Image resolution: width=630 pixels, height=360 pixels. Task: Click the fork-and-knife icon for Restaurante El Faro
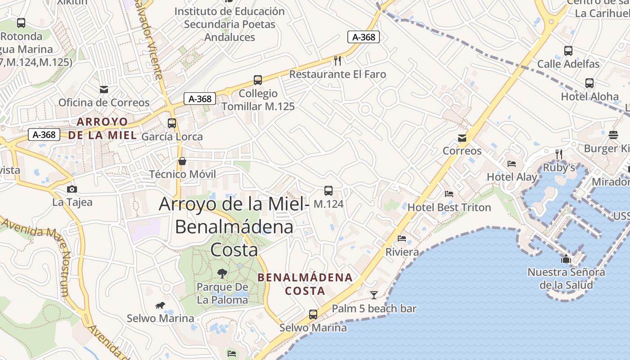[337, 60]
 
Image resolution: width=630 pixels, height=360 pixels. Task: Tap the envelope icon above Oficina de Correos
[104, 89]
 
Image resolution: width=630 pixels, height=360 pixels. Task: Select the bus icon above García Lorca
[171, 123]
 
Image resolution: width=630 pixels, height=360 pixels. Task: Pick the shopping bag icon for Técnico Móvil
[182, 161]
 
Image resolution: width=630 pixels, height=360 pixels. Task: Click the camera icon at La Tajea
[72, 189]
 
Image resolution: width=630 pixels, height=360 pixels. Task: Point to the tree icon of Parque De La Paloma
[222, 273]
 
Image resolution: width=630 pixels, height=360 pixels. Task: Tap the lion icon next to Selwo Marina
[160, 306]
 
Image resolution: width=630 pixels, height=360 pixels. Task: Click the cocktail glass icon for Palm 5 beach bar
[373, 295]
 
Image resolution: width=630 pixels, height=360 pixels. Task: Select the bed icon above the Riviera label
[402, 238]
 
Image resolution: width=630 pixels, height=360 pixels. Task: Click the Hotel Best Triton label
[449, 207]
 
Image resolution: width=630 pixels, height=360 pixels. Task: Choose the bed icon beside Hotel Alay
[512, 164]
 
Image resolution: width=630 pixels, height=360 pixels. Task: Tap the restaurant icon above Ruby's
[559, 154]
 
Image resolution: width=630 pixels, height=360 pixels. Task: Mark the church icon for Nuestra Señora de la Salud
[566, 259]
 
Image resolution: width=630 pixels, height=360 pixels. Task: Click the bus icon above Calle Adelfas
[568, 51]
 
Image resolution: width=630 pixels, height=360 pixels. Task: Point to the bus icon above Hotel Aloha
[589, 83]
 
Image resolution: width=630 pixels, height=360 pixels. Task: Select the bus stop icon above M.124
[328, 191]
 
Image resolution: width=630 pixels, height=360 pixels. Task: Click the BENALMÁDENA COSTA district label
[305, 284]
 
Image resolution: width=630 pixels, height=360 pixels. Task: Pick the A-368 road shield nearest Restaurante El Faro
[364, 37]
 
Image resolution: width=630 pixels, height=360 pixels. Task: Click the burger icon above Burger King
[613, 135]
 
